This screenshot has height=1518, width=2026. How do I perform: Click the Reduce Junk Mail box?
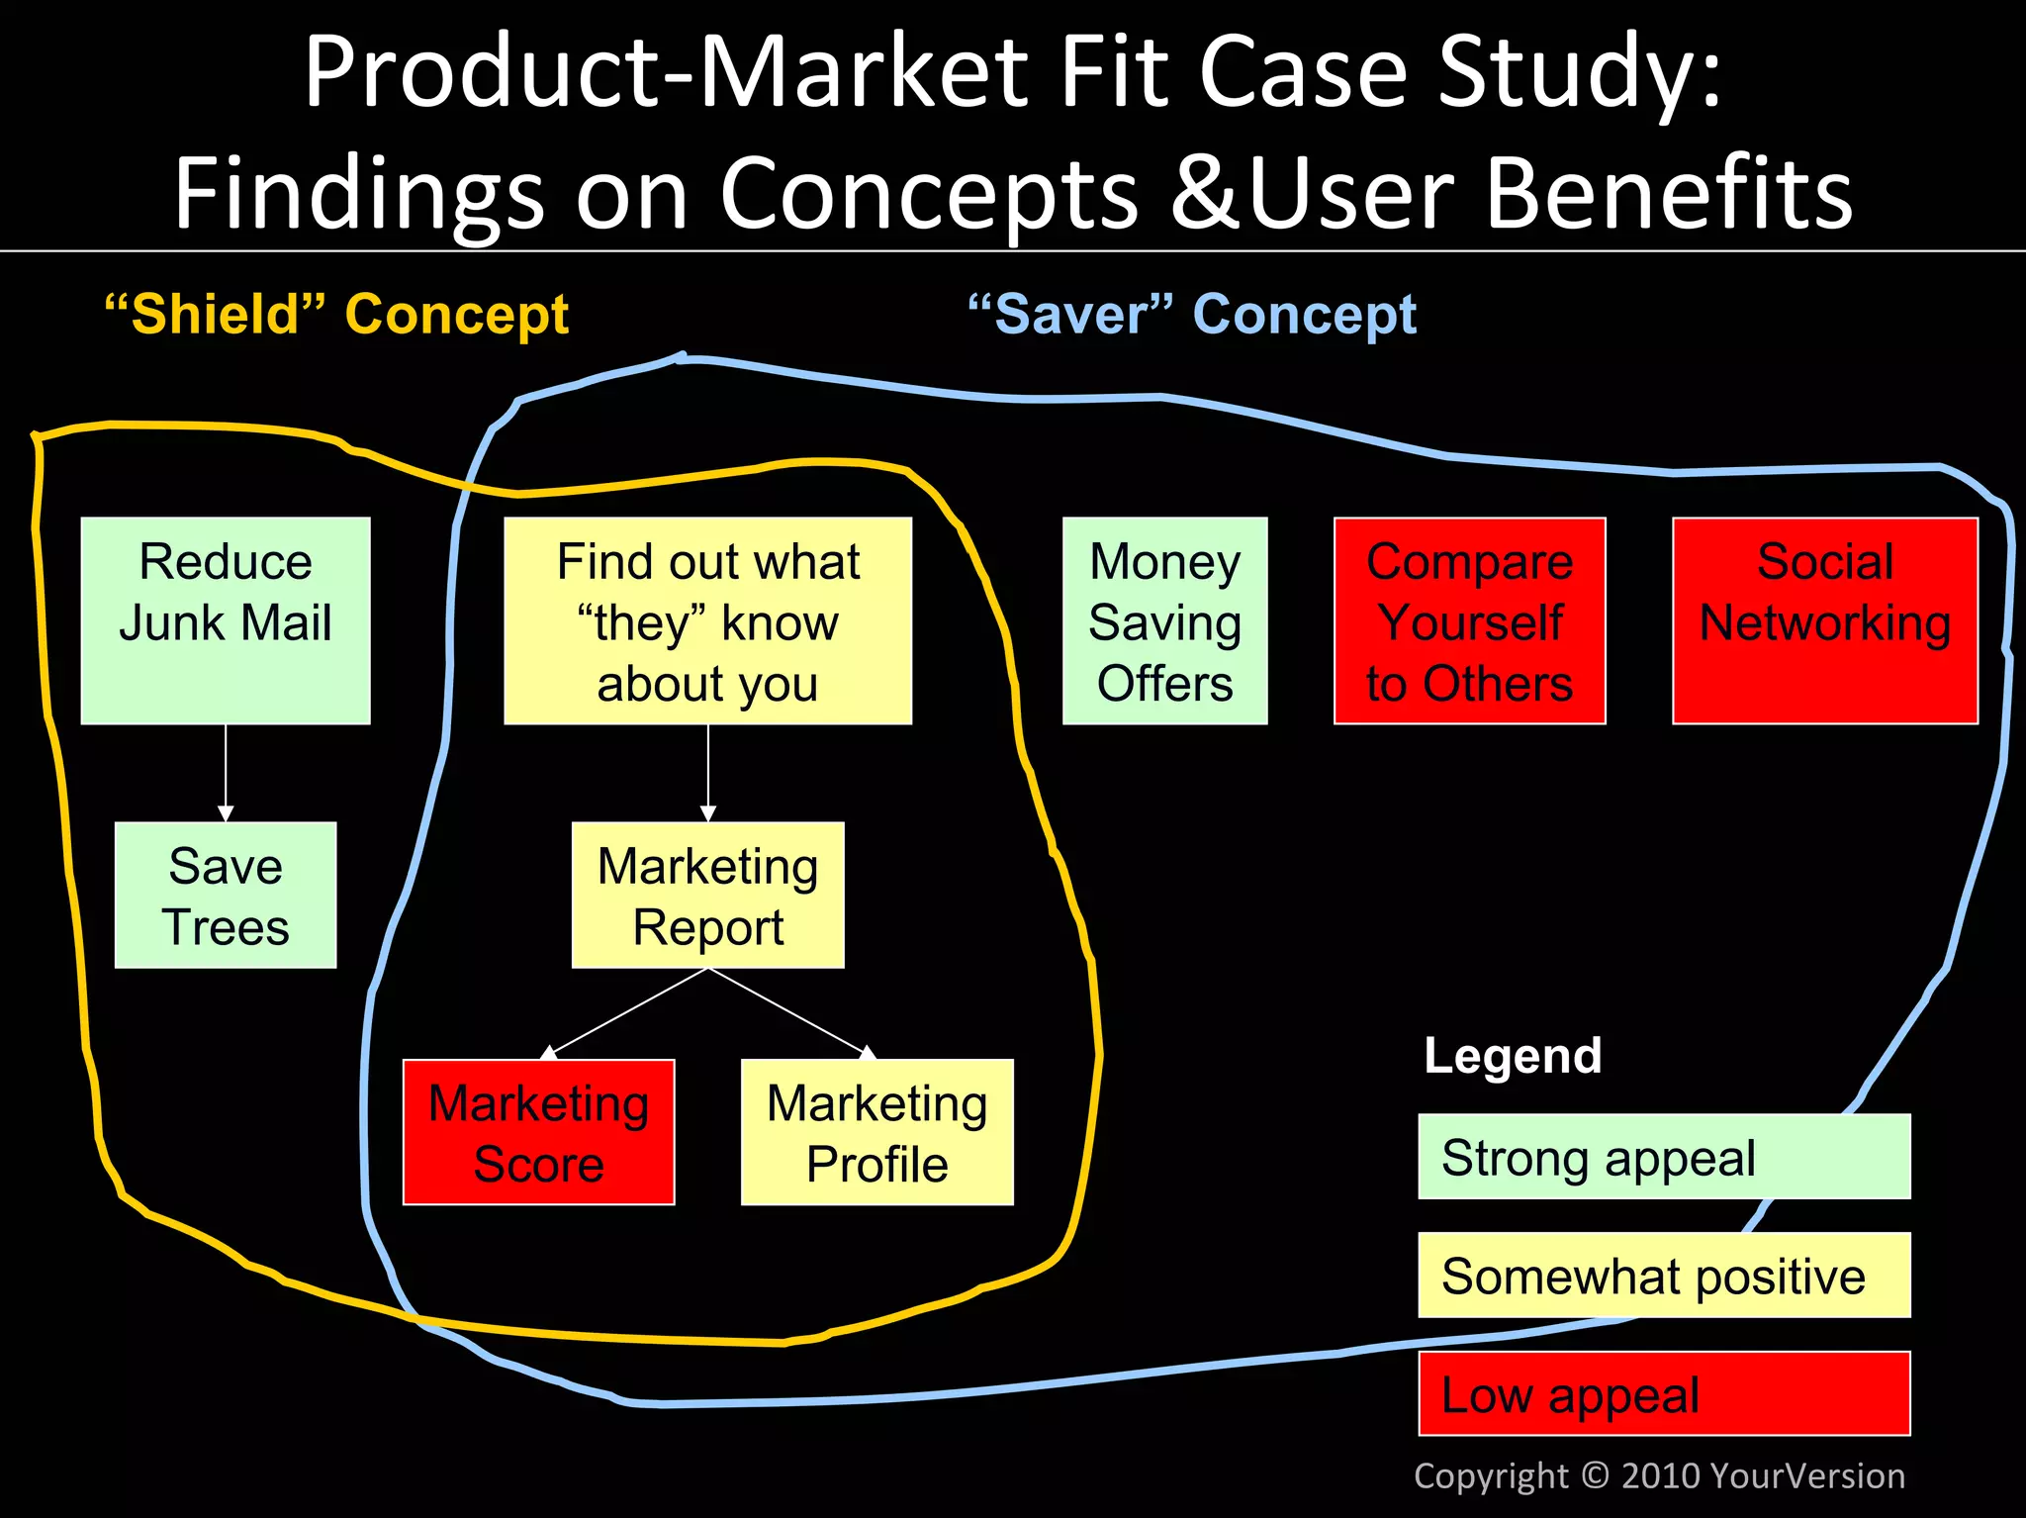tap(226, 620)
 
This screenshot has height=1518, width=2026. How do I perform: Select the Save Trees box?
tap(226, 895)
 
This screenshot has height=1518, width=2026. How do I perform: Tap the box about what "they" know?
tap(707, 620)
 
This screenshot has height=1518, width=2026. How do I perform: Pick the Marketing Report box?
tap(707, 895)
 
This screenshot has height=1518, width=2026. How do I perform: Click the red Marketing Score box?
tap(538, 1132)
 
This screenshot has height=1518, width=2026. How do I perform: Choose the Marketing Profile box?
tap(876, 1132)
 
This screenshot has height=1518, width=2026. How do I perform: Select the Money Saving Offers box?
tap(1164, 620)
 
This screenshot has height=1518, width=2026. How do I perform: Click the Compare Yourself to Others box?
tap(1469, 620)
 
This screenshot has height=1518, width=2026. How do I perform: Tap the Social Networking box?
tap(1824, 620)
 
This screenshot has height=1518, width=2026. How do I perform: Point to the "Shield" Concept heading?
tap(336, 315)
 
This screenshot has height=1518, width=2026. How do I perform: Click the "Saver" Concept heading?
tap(1192, 315)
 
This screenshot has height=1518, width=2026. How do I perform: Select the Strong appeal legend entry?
tap(1664, 1157)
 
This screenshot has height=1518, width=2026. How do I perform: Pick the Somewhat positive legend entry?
tap(1664, 1276)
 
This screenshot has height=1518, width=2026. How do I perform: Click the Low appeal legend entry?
tap(1664, 1393)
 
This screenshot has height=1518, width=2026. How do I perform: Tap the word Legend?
tap(1513, 1056)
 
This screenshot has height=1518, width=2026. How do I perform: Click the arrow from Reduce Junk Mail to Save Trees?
tap(226, 772)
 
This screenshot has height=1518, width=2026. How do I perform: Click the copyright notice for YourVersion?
tap(1659, 1475)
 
